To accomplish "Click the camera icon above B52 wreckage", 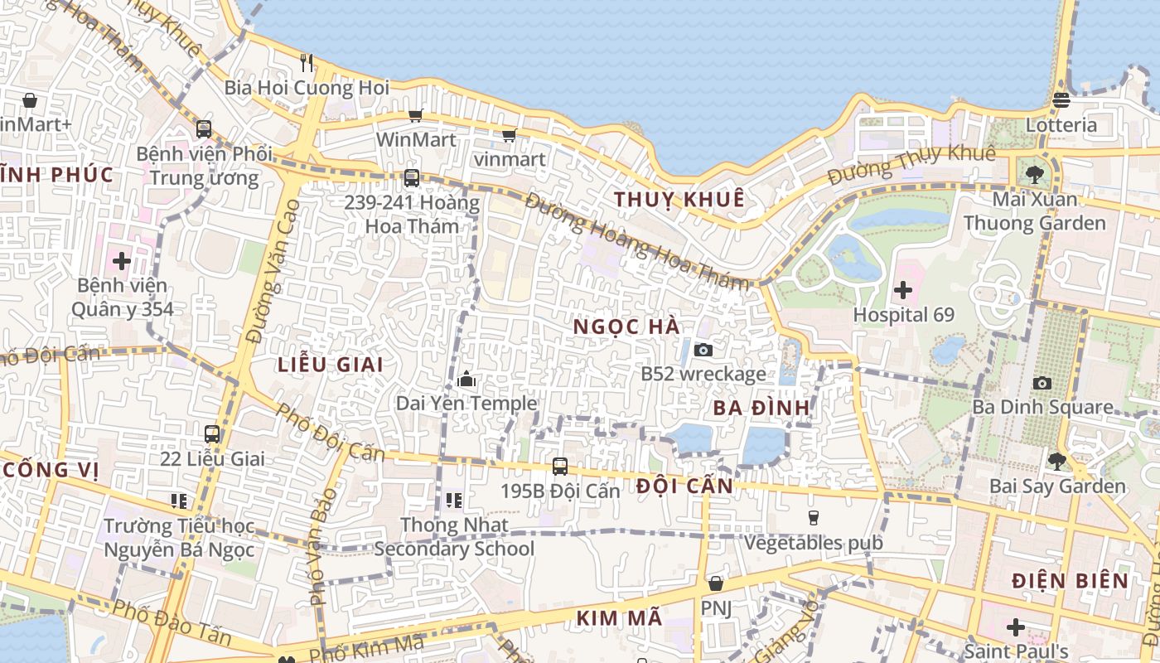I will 703,351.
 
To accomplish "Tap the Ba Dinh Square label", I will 1042,407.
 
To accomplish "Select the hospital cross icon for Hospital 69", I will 903,291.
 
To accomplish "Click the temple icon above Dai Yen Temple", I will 466,380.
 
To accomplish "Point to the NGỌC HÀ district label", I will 626,327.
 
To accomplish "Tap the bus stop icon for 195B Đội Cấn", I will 560,467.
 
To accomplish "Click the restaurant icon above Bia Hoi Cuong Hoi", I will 307,62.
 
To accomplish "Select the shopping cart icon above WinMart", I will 416,116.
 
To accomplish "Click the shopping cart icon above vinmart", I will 509,135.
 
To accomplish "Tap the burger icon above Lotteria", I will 1061,100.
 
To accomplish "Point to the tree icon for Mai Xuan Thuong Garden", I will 1034,175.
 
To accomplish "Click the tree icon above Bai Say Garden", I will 1057,462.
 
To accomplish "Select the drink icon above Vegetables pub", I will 813,518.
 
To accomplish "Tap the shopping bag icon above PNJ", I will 716,583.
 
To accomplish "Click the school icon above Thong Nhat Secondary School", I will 453,500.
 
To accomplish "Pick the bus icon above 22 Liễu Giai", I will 212,433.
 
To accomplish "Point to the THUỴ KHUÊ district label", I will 679,200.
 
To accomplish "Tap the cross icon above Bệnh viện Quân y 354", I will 122,261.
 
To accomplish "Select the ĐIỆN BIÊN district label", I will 1070,581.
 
